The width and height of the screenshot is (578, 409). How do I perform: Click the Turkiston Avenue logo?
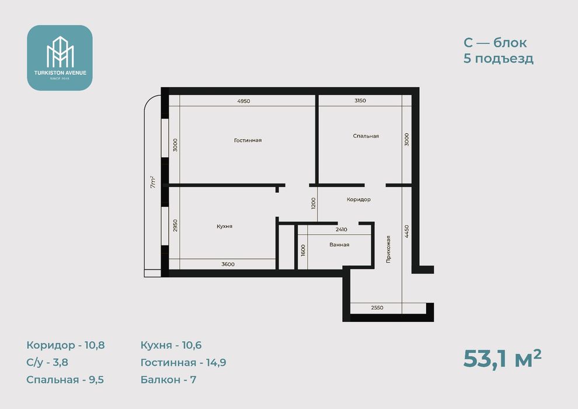(60, 58)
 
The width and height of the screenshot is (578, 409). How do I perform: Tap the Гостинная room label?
(248, 140)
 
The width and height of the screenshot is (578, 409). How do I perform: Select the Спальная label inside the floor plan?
(365, 136)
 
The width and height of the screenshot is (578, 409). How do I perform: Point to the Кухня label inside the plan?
(225, 226)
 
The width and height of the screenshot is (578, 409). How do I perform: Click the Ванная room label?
(339, 244)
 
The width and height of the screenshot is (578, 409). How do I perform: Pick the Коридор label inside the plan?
(358, 199)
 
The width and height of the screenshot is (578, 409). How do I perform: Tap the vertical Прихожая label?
(388, 249)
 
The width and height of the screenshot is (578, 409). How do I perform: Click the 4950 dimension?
(243, 101)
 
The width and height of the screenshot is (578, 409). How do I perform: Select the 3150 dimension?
(360, 100)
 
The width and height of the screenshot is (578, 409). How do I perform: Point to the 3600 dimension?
(228, 264)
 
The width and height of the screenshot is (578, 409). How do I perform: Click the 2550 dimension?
(377, 307)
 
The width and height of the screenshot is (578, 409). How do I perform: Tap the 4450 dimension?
(406, 231)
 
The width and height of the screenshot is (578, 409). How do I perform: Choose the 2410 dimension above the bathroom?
(342, 230)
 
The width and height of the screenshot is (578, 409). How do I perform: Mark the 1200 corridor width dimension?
(314, 203)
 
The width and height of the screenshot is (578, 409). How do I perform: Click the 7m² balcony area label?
(153, 182)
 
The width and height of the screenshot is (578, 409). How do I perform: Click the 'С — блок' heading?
(495, 43)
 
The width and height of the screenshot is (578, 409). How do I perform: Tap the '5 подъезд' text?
(499, 58)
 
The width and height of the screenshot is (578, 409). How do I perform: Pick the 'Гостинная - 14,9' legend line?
(183, 362)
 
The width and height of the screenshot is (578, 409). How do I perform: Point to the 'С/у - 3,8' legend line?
(47, 362)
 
